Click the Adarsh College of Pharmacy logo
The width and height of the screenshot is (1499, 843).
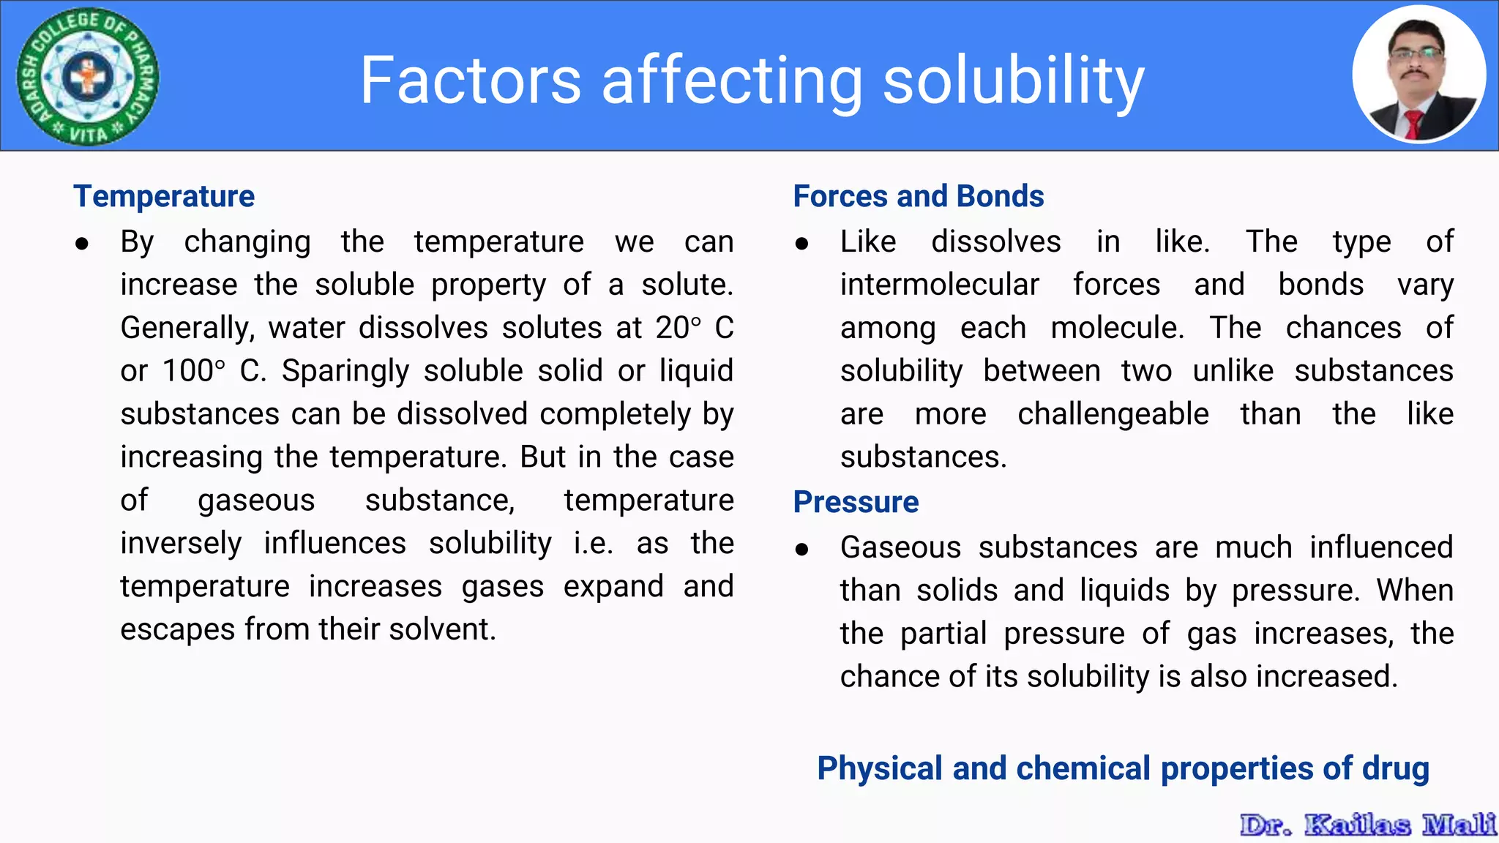tap(88, 76)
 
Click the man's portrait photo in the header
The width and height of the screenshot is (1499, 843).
tap(1418, 75)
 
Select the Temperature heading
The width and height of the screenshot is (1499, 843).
tap(164, 196)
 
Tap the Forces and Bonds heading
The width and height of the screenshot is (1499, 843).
tap(918, 196)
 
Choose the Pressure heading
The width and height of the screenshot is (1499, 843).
tap(856, 502)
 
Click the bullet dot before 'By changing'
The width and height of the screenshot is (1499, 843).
tap(82, 244)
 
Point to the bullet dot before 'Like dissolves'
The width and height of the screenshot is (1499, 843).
tap(801, 244)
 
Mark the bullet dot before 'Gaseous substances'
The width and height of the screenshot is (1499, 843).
tap(801, 550)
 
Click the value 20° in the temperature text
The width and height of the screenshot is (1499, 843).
tap(678, 328)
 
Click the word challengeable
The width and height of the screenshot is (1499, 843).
tap(1113, 414)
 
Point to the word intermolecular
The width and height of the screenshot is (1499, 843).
tap(939, 285)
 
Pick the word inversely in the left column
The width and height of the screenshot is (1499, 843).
tap(181, 544)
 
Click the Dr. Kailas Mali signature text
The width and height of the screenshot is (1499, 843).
tap(1367, 825)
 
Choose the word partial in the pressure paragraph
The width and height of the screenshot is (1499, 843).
tap(943, 634)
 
